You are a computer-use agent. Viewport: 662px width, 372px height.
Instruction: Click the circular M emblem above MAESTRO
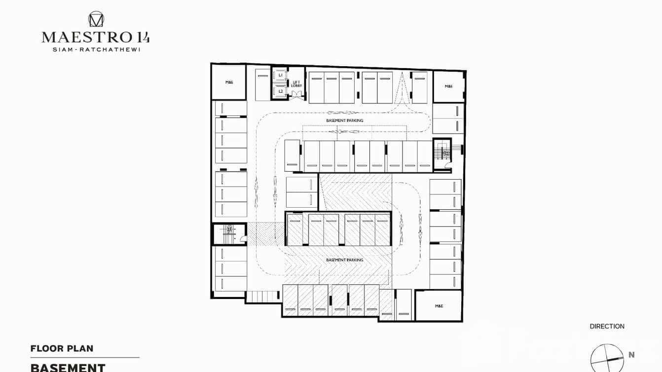pos(96,19)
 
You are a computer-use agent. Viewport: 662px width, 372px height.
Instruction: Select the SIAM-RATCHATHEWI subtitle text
pos(96,50)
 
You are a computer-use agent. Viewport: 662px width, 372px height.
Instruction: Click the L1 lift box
pos(280,75)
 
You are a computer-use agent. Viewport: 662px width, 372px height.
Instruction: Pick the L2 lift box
pos(280,91)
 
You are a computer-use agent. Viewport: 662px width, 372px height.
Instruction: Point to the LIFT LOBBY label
pos(296,84)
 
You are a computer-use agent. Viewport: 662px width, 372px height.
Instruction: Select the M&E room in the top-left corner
pos(229,82)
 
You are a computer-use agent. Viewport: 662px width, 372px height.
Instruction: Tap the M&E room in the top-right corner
pos(448,86)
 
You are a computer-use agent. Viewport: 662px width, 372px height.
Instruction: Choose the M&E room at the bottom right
pos(439,306)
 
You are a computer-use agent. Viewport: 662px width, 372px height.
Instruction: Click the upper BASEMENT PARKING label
pos(344,120)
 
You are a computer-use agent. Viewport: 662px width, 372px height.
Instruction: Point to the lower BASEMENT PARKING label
pos(344,260)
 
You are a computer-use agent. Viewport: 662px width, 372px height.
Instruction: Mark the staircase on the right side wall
pos(442,153)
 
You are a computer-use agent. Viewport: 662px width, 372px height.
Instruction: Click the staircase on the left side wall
pos(228,234)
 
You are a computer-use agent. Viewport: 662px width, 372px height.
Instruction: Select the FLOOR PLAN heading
pos(62,349)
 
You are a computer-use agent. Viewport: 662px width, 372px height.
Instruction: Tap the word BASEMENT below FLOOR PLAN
pos(68,368)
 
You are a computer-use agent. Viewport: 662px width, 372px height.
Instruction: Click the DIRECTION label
pos(607,326)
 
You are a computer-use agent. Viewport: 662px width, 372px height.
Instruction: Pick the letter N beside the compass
pos(631,355)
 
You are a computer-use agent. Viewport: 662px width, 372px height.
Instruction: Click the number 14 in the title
pos(141,37)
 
